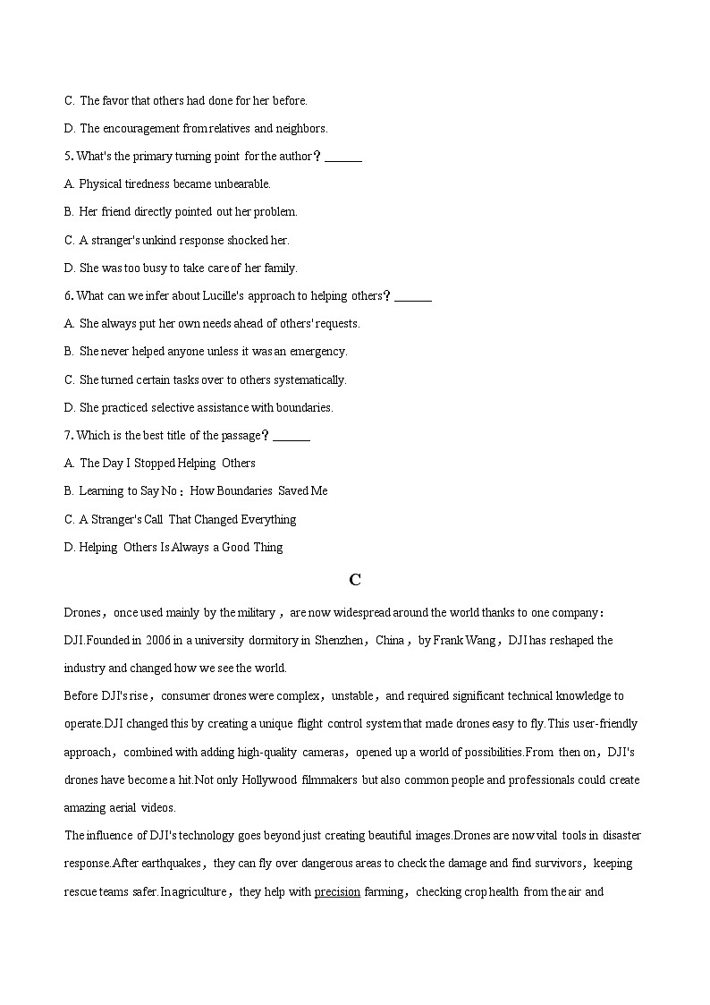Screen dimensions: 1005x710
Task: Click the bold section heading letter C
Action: (355, 580)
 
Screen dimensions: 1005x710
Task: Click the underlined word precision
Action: (337, 891)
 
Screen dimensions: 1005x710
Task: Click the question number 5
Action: (68, 156)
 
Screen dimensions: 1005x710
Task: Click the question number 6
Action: (68, 295)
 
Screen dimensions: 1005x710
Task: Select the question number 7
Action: (68, 435)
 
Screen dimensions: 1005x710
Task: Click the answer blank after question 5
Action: (343, 158)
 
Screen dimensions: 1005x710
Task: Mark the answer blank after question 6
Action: (413, 297)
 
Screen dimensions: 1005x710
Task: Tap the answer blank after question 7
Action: (292, 437)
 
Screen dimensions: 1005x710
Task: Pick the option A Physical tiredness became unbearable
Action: (168, 183)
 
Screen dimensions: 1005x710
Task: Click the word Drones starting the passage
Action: (82, 612)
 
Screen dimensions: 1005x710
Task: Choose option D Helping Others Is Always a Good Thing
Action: (173, 547)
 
